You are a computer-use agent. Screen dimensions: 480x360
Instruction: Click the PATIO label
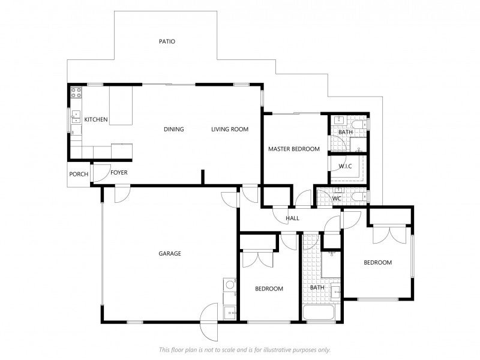click(167, 41)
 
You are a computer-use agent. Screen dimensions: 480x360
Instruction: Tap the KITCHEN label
click(96, 119)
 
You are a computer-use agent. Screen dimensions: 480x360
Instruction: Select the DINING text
click(174, 129)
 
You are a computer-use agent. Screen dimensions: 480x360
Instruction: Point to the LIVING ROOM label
click(230, 129)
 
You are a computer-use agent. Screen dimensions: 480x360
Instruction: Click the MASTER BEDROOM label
click(294, 149)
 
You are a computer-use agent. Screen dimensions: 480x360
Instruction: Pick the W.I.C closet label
click(345, 166)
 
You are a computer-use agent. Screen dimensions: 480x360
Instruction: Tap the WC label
click(337, 199)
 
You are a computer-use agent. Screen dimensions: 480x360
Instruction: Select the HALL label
click(292, 218)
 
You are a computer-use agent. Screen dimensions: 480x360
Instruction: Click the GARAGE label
click(170, 253)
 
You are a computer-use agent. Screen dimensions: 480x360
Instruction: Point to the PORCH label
click(79, 174)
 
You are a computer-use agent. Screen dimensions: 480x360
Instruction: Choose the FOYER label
click(119, 173)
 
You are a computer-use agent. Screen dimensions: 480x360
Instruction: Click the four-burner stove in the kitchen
click(76, 92)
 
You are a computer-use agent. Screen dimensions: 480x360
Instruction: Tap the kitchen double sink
click(76, 116)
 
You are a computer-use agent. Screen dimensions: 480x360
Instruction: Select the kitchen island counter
click(121, 106)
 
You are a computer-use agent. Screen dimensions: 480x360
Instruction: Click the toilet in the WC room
click(359, 196)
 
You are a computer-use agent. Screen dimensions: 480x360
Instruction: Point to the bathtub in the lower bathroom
click(319, 313)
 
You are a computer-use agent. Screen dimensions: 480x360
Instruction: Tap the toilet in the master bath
click(359, 125)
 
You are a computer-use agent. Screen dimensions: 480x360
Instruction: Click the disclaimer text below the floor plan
click(245, 350)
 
